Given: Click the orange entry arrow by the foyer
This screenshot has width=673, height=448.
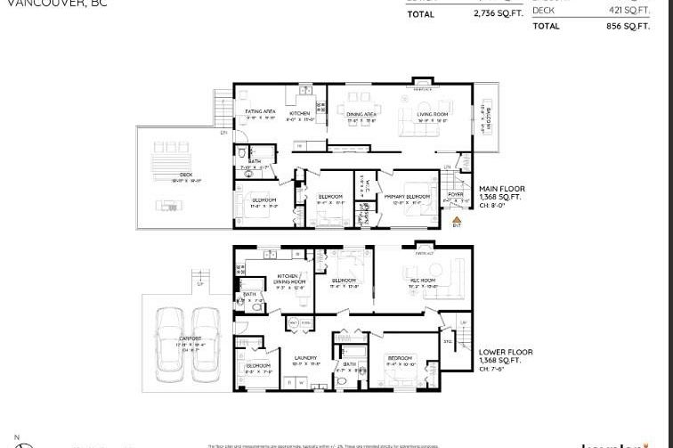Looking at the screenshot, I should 457,217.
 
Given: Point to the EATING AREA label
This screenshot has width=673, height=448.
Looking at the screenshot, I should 260,112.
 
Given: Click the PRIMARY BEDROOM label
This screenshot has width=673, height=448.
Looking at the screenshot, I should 407,196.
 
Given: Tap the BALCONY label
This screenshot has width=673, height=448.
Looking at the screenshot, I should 487,115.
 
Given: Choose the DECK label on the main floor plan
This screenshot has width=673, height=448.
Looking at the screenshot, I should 185,175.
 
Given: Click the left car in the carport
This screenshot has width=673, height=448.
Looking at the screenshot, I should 170,338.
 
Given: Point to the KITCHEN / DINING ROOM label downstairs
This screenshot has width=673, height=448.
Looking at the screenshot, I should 291,279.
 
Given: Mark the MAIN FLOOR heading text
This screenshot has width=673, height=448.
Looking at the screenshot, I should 501,189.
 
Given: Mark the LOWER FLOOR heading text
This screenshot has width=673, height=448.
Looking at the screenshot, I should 503,351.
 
